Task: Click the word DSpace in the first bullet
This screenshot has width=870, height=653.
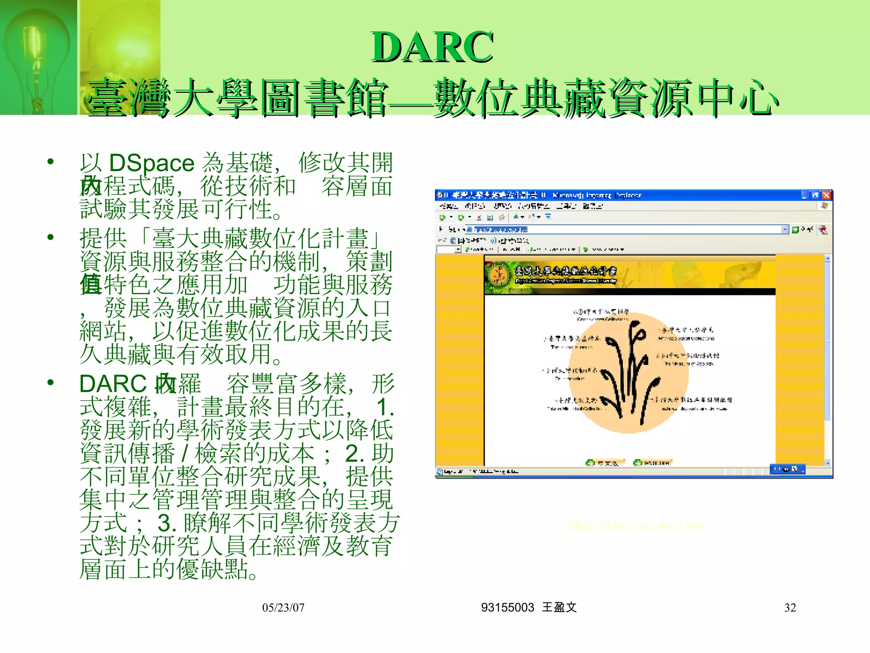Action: [152, 163]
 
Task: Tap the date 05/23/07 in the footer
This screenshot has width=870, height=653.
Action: [283, 608]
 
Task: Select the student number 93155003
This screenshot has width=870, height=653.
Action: [507, 608]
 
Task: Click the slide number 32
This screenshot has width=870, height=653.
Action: [790, 608]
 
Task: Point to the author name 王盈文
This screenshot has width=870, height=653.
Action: [559, 608]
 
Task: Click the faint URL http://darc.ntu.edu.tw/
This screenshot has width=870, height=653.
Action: [636, 526]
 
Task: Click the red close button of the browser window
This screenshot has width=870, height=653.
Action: [826, 195]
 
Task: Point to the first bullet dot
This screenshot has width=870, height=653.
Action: [51, 162]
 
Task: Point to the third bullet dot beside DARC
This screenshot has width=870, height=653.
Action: [51, 382]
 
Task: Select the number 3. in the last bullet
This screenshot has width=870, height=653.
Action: [167, 523]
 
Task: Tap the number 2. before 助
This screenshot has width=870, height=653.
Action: [355, 454]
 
